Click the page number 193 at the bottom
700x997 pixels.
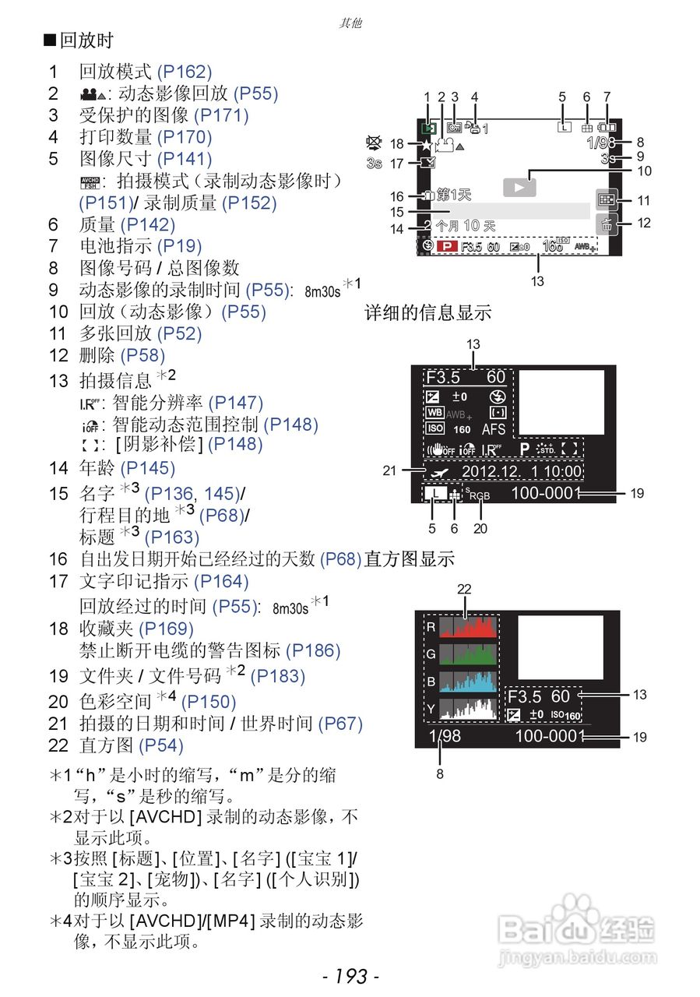[350, 975]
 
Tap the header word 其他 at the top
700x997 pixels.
[350, 23]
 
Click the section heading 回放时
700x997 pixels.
[85, 41]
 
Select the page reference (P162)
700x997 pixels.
[185, 72]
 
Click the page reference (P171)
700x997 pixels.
[220, 116]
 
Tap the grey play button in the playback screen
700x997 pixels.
[520, 187]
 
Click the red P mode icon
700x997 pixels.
[448, 246]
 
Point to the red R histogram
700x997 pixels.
[467, 628]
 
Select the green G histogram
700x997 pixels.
[467, 654]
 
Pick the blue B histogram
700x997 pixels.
[467, 681]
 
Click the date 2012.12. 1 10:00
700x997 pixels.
[521, 471]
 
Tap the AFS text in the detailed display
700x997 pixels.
[494, 428]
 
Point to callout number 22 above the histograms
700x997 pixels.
[465, 590]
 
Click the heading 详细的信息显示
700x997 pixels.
[428, 313]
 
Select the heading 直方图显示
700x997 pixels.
[410, 558]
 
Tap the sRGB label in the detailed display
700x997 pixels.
[477, 494]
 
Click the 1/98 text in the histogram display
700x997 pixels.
[444, 735]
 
